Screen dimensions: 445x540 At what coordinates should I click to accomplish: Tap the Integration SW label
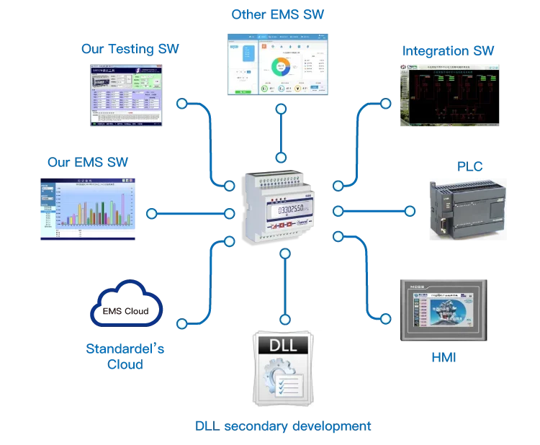click(449, 50)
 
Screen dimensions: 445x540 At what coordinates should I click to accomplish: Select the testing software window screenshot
click(126, 94)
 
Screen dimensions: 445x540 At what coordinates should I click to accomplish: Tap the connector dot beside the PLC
click(410, 211)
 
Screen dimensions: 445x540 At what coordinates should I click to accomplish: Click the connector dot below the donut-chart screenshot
click(280, 108)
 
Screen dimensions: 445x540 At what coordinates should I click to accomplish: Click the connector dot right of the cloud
click(181, 323)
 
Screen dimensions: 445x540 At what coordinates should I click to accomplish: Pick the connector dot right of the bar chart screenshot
click(151, 213)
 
